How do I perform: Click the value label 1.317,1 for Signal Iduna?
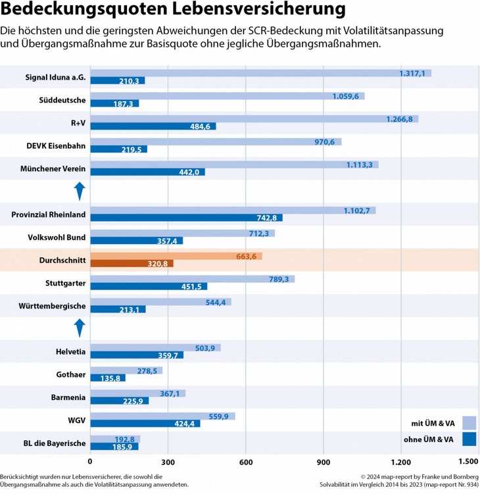412,73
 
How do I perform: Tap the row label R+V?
78,123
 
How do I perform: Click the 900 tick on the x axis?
324,462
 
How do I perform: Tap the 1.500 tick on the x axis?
468,462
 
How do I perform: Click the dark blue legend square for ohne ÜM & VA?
469,439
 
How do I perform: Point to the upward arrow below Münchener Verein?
79,191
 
